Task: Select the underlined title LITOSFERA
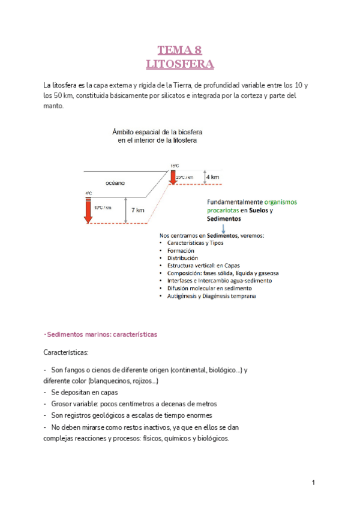180,63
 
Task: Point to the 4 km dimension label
212,177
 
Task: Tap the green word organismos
280,202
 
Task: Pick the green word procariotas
224,211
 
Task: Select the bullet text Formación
181,250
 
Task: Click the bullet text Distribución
183,258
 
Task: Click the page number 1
313,483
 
